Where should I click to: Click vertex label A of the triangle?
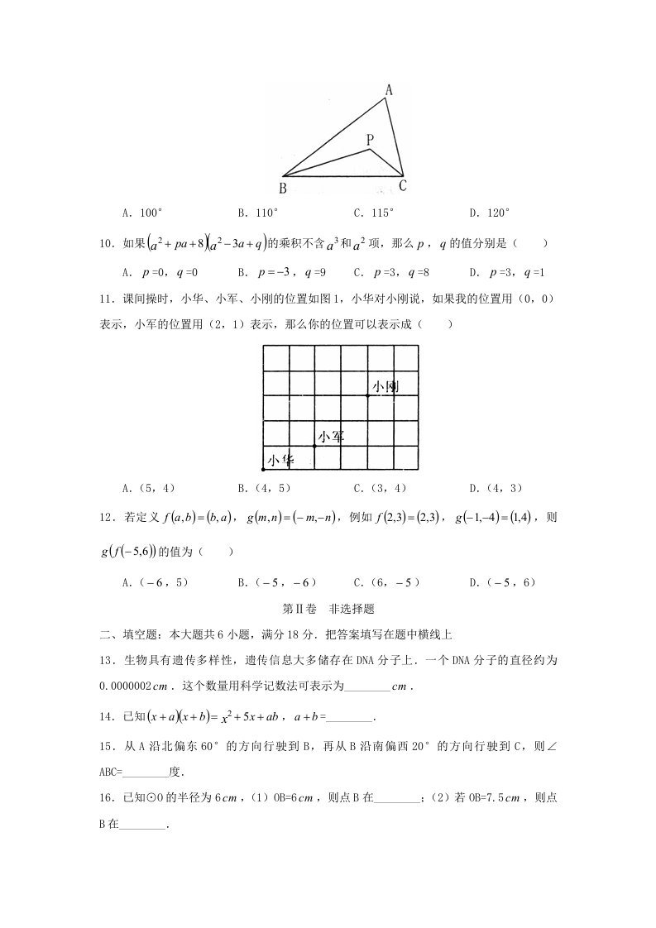(389, 89)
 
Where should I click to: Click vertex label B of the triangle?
(283, 188)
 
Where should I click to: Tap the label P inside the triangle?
(370, 140)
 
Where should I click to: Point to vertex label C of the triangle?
(403, 185)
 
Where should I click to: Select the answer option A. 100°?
(142, 213)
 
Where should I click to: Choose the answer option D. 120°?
(490, 213)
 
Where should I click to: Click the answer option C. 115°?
(374, 213)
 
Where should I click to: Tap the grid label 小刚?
(386, 386)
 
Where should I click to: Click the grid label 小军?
(331, 437)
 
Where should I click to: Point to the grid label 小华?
(280, 461)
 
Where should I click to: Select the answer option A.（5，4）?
(149, 488)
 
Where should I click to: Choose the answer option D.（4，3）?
(496, 488)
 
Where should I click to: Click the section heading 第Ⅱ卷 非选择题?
(328, 609)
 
